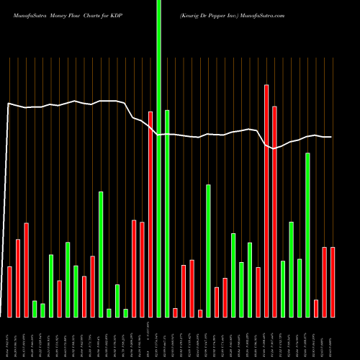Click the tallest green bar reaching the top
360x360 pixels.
(158, 158)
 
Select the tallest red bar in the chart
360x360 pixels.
(266, 201)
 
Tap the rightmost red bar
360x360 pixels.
(333, 282)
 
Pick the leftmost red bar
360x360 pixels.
(9, 292)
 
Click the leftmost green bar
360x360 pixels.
(35, 309)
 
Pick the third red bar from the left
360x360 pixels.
(26, 270)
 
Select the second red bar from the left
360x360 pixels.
(18, 278)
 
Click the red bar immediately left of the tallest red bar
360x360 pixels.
(258, 292)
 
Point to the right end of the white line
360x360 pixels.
(331, 137)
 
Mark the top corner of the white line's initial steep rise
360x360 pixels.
(9, 104)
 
